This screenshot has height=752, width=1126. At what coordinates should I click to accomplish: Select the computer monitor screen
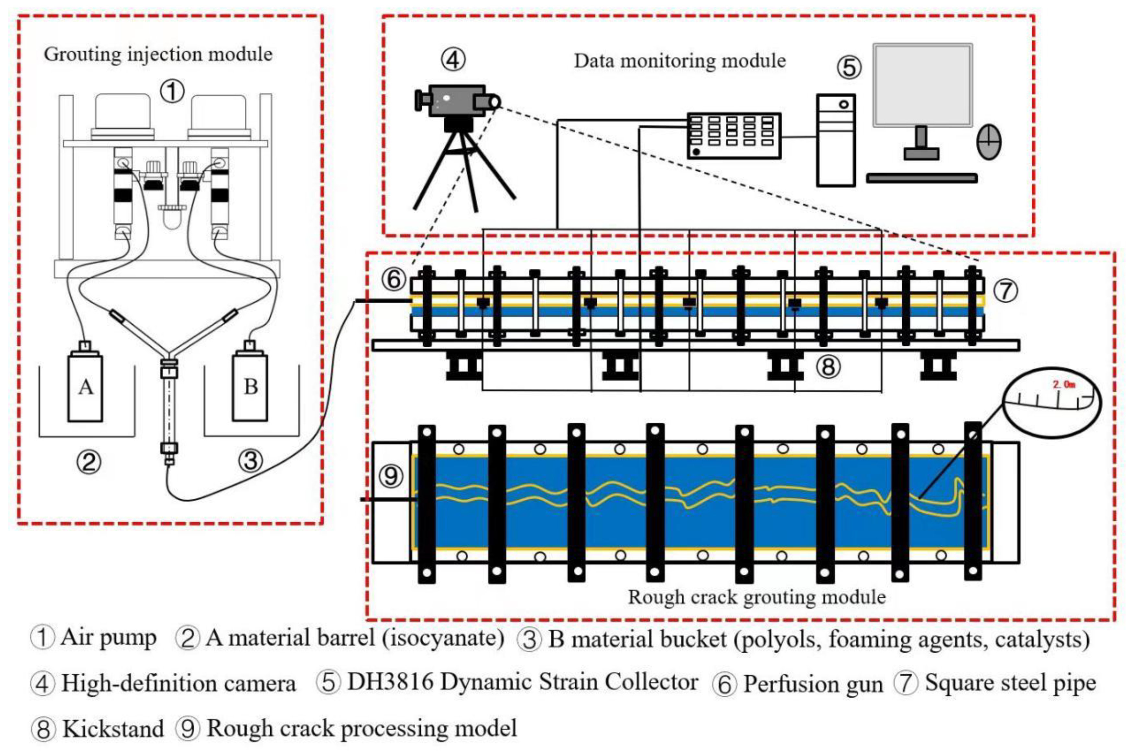point(922,85)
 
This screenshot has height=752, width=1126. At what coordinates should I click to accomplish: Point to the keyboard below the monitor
point(921,178)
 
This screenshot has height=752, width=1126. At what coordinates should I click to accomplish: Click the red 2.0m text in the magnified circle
point(1064,385)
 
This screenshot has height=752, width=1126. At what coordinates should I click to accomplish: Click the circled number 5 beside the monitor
point(849,68)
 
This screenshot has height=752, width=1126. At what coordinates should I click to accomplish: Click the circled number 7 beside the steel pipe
point(1005,291)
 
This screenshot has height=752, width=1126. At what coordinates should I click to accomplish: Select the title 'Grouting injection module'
point(158,54)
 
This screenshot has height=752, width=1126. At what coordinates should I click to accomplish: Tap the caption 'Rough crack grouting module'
point(757,597)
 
